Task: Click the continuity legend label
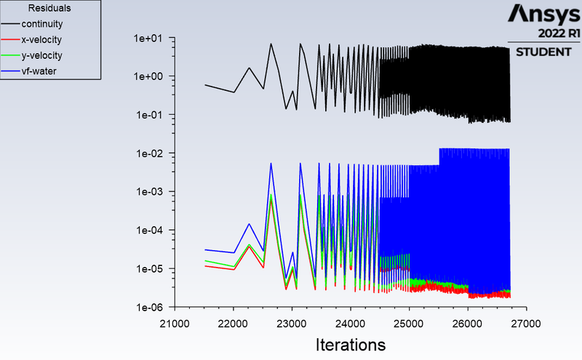42,24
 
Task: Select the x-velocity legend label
41,40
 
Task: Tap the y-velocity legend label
41,56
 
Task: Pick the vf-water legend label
39,71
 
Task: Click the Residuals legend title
49,8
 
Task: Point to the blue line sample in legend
10,71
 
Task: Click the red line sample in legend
10,39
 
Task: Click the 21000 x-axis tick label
175,324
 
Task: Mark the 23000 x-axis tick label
292,324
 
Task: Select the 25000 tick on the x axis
409,324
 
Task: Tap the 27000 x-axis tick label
526,324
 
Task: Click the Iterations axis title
351,345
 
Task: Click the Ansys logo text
543,14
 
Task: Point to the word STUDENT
543,52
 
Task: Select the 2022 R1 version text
559,33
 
